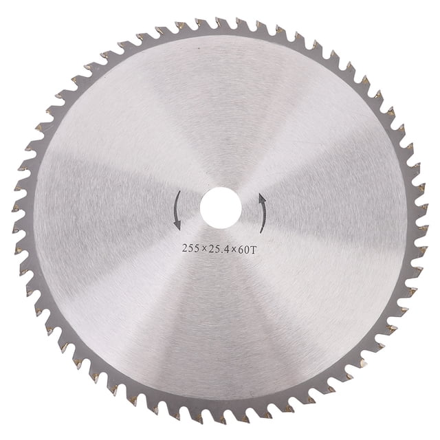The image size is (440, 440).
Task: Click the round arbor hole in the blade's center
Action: point(221,208)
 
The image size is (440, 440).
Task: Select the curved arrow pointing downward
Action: point(176,210)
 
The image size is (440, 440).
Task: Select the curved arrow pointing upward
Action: point(264,213)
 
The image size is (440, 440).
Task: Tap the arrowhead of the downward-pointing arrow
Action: point(177,225)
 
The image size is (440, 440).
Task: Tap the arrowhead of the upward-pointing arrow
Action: point(262,198)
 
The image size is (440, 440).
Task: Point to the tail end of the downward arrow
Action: point(179,191)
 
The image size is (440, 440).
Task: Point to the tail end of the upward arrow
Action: point(261,232)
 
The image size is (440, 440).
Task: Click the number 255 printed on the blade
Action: point(192,248)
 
